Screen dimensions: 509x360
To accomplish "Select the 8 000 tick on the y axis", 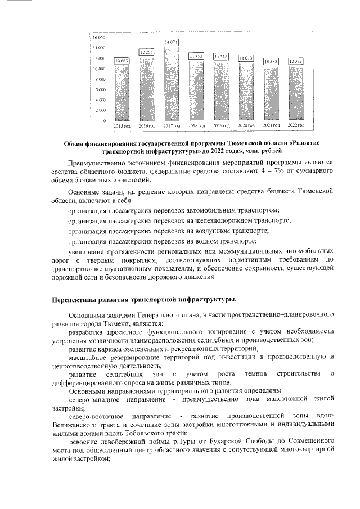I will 100,79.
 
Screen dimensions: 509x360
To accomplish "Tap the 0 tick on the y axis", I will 104,121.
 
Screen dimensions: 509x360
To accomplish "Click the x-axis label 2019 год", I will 220,127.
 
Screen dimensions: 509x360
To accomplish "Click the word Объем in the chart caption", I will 75,143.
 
